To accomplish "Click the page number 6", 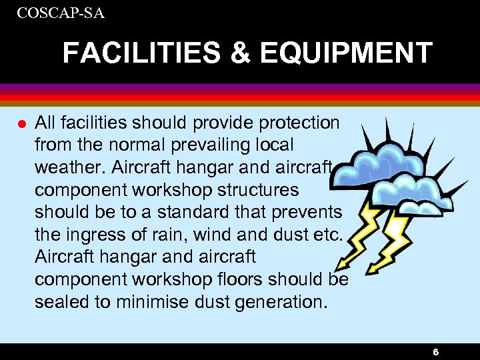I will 435,352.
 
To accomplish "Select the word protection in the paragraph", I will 297,123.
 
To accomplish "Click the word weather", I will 65,167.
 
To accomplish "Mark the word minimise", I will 148,301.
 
